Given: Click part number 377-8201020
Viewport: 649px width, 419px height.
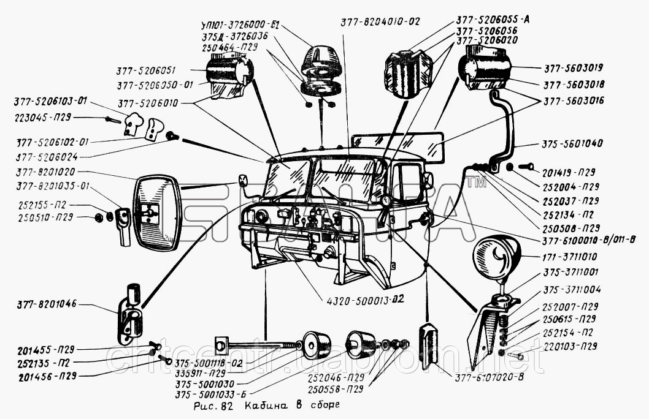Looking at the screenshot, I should coord(45,173).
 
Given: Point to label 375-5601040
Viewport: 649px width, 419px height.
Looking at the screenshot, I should coord(572,143).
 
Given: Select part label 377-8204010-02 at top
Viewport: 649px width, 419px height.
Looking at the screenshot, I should coord(381,21).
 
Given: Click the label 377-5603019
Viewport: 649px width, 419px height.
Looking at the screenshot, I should coord(572,68).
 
